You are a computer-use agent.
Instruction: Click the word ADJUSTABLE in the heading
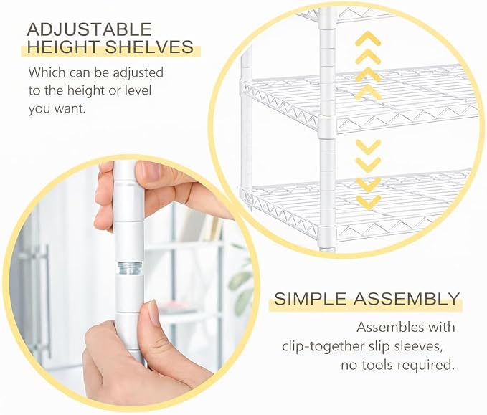[x=89, y=29]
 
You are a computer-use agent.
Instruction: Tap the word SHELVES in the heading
[x=149, y=47]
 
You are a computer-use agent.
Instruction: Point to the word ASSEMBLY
[x=407, y=299]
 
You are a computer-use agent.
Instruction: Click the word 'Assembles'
[x=388, y=327]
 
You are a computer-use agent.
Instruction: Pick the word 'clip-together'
[x=323, y=346]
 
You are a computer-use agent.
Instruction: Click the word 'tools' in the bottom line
[x=380, y=365]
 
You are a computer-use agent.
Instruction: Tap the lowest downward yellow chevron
[x=368, y=201]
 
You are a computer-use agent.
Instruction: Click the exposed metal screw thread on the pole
[x=129, y=268]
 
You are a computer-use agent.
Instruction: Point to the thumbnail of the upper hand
[x=150, y=171]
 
